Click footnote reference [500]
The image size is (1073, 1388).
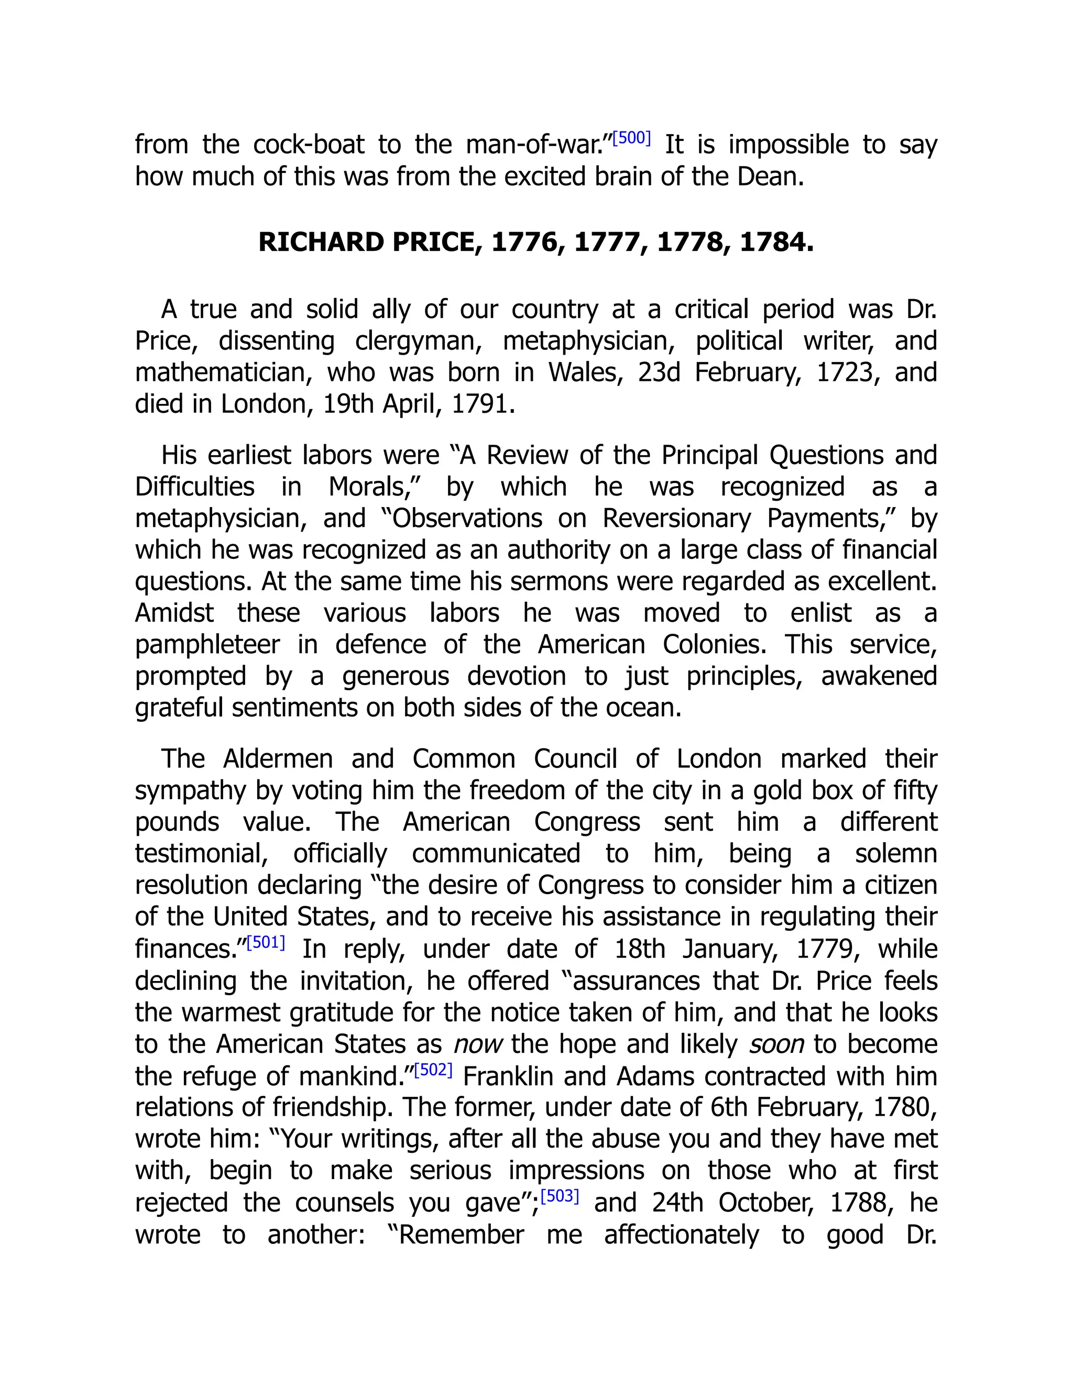pyautogui.click(x=631, y=138)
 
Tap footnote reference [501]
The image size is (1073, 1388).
pyautogui.click(x=266, y=942)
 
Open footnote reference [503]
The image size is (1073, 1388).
pyautogui.click(x=560, y=1196)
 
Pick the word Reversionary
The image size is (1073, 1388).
pyautogui.click(x=676, y=518)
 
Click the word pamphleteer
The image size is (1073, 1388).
pyautogui.click(x=207, y=644)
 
